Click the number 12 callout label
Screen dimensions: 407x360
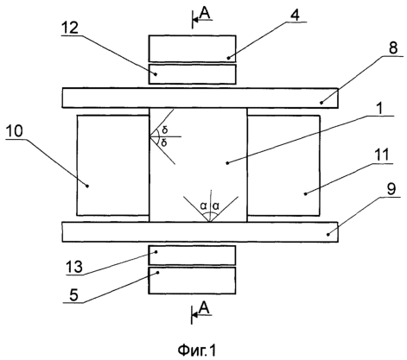pyautogui.click(x=69, y=28)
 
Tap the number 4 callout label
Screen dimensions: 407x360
pyautogui.click(x=295, y=15)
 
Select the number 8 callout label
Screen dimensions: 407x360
pyautogui.click(x=393, y=48)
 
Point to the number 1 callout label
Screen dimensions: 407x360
pyautogui.click(x=380, y=109)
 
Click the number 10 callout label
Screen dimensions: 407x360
pyautogui.click(x=14, y=132)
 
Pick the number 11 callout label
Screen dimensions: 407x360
pyautogui.click(x=382, y=155)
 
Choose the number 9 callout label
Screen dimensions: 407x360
pyautogui.click(x=391, y=189)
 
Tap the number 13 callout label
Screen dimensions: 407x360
pyautogui.click(x=74, y=267)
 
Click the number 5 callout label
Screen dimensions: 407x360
pyautogui.click(x=74, y=294)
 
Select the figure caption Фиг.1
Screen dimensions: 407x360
pyautogui.click(x=197, y=351)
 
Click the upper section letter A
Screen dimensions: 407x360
pyautogui.click(x=205, y=13)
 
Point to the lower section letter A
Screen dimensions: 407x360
pyautogui.click(x=204, y=308)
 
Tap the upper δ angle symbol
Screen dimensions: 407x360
pyautogui.click(x=165, y=129)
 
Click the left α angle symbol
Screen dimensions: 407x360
pyautogui.click(x=204, y=205)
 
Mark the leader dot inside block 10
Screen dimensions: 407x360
pyautogui.click(x=88, y=186)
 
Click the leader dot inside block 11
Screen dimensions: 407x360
pyautogui.click(x=305, y=194)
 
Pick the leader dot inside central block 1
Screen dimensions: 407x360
pyautogui.click(x=227, y=163)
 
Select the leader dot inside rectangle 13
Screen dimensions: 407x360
pyautogui.click(x=156, y=252)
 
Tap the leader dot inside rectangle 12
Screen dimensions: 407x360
pyautogui.click(x=156, y=74)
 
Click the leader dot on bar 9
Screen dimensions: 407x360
pyautogui.click(x=328, y=235)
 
